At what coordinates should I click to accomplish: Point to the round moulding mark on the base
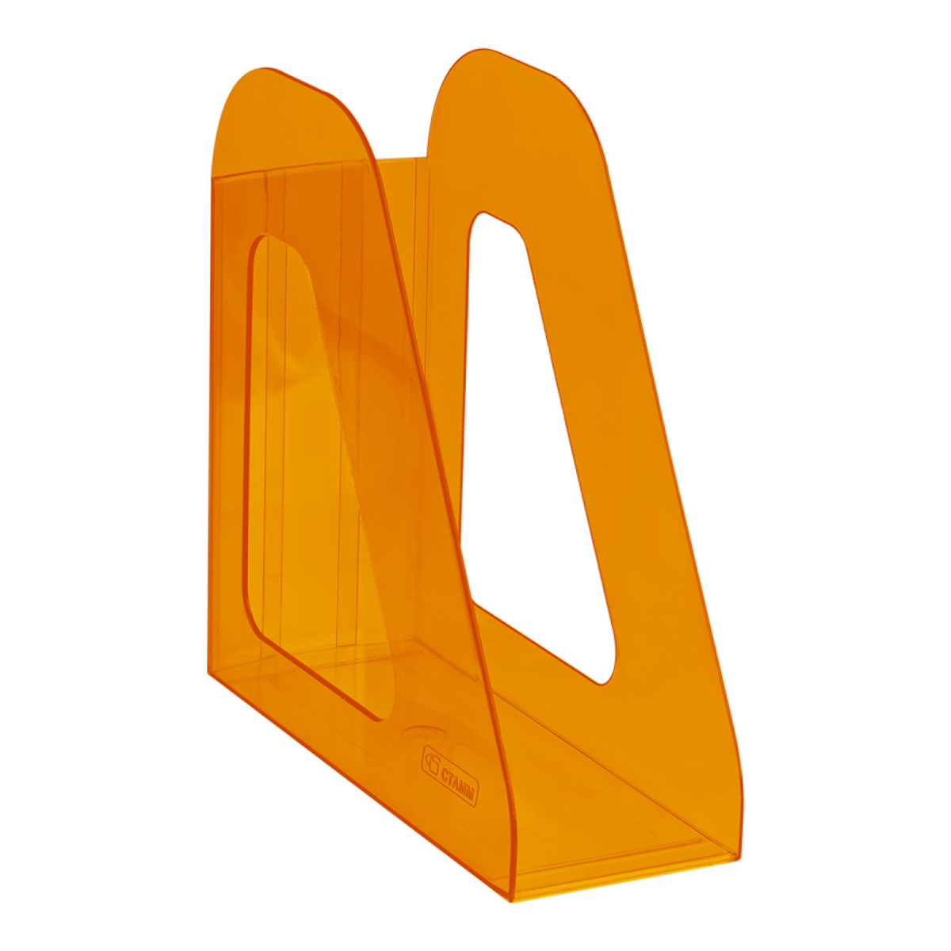(x=419, y=733)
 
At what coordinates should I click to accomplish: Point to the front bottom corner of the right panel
(x=739, y=857)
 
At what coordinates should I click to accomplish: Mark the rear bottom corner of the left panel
(x=208, y=672)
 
